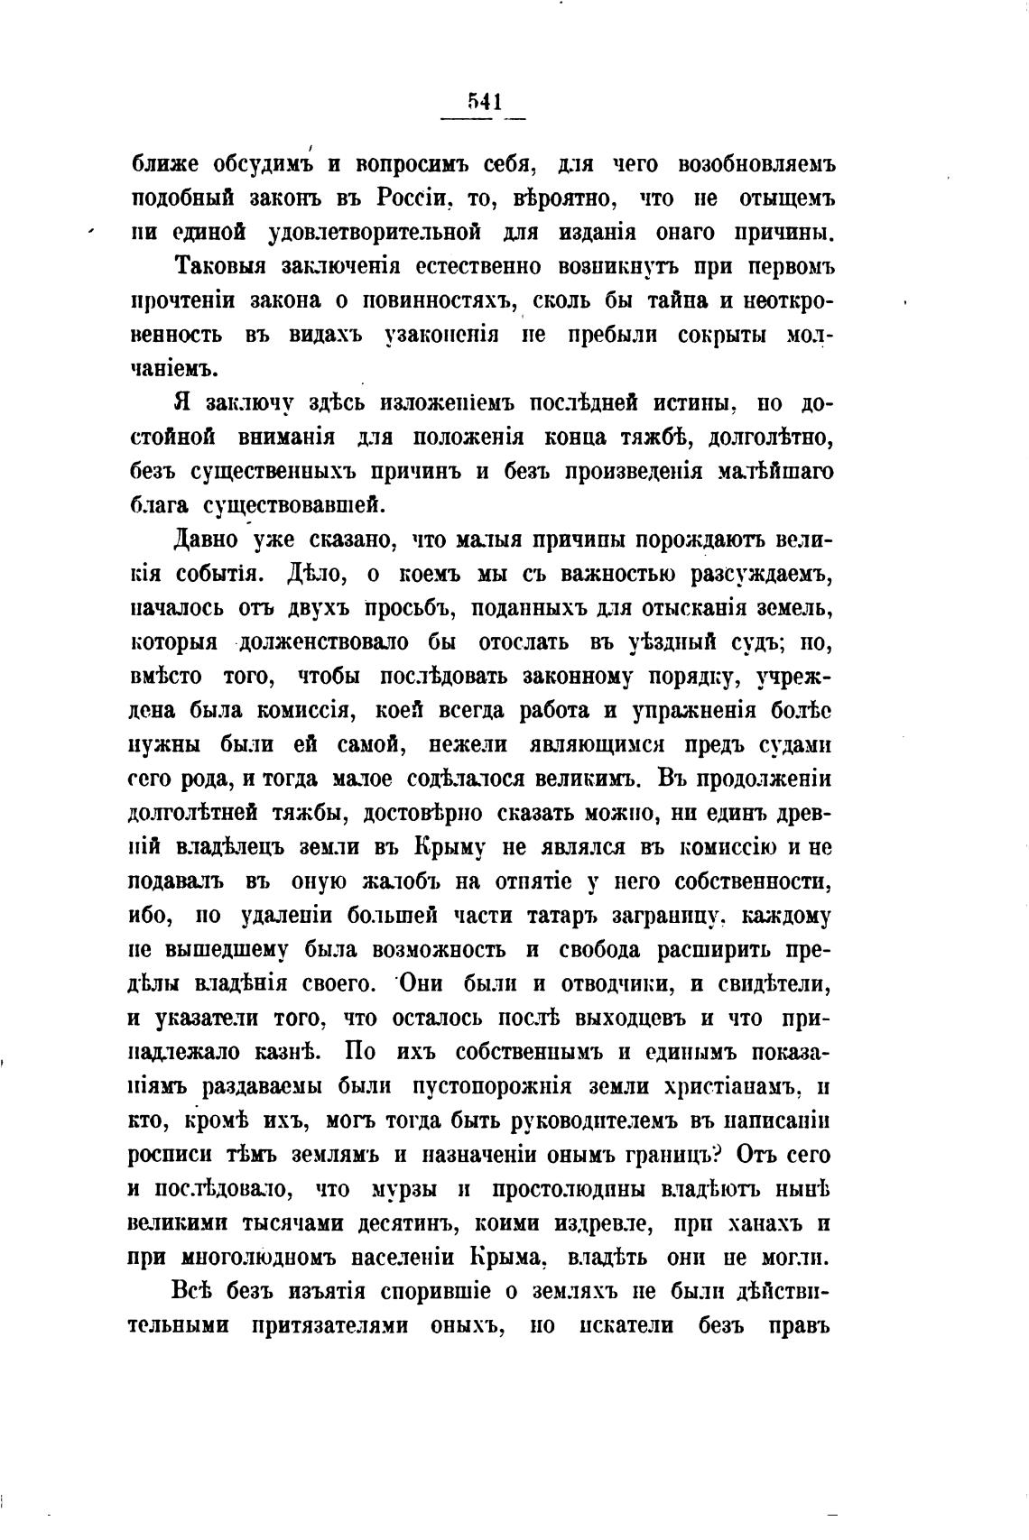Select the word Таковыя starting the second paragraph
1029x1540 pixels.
pos(221,267)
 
